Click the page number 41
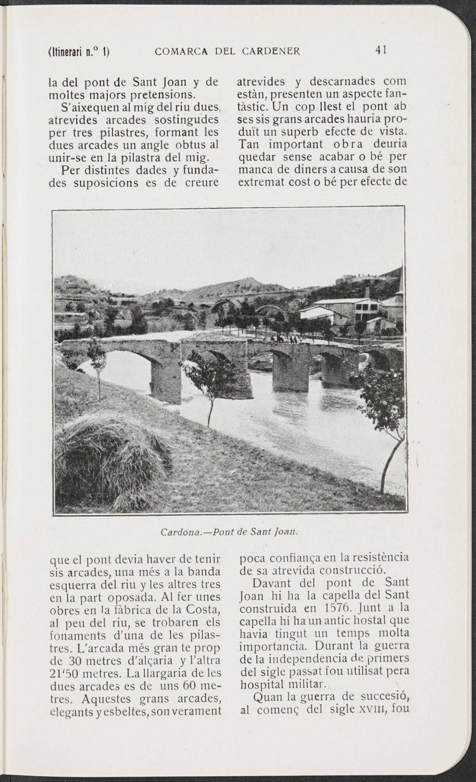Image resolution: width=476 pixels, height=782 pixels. (x=380, y=50)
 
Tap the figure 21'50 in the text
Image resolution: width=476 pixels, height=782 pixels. (x=65, y=674)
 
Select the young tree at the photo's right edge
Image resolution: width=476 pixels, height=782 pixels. (x=388, y=416)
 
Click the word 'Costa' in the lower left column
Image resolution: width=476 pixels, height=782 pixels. (x=204, y=609)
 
